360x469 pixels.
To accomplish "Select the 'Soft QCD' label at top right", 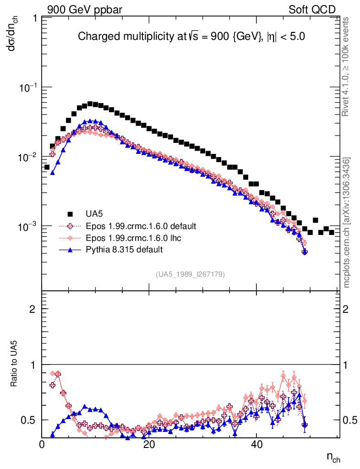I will [x=312, y=10].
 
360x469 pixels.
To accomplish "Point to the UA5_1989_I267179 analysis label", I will [x=190, y=274].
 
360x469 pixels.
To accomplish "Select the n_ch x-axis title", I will [x=333, y=457].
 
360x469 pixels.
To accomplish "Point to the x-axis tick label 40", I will [x=256, y=445].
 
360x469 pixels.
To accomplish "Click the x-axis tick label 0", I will [x=42, y=445].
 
